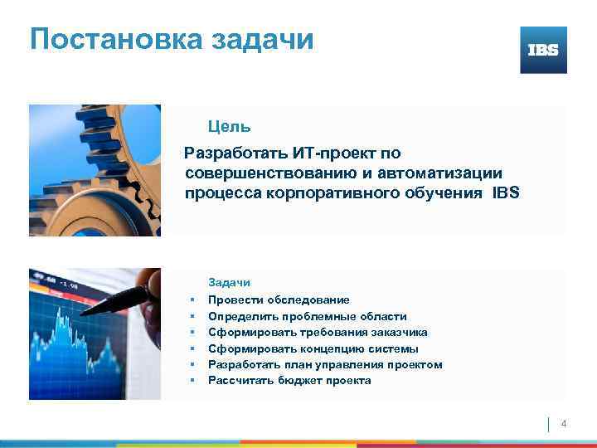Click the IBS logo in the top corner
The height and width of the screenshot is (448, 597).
coord(543,50)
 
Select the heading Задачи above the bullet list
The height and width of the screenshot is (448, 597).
coord(229,283)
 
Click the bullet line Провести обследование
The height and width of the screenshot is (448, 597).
coord(279,299)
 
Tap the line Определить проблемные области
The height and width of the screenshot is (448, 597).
coord(307,316)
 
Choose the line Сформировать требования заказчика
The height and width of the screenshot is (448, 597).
coord(318,332)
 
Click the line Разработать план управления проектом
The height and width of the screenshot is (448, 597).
coord(325,364)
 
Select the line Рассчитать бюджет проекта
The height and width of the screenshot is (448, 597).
coord(289,381)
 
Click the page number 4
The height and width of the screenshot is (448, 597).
coord(565,424)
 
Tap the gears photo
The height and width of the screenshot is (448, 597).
coord(95,170)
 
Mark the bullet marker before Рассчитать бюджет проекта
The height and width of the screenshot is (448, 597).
coord(191,381)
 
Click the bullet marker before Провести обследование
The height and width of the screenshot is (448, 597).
coord(191,299)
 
